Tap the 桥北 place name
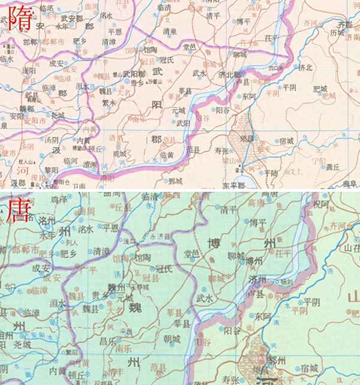click(305, 68)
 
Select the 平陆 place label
click(271, 173)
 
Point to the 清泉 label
click(169, 31)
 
